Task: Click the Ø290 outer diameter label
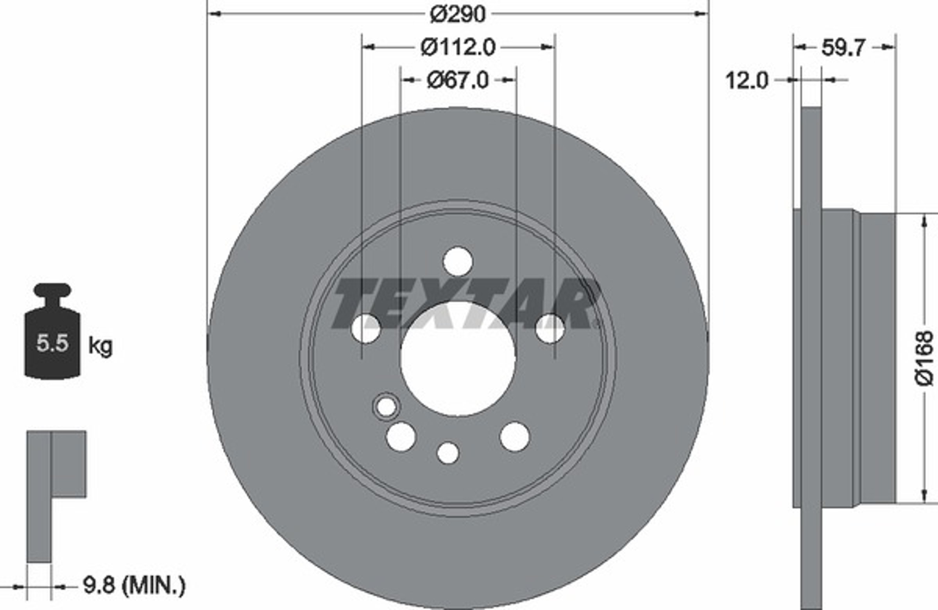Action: (458, 14)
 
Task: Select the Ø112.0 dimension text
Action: (458, 48)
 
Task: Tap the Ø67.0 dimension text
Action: (458, 81)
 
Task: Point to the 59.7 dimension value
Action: (843, 48)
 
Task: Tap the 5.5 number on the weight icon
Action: (52, 343)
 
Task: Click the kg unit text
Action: (100, 346)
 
